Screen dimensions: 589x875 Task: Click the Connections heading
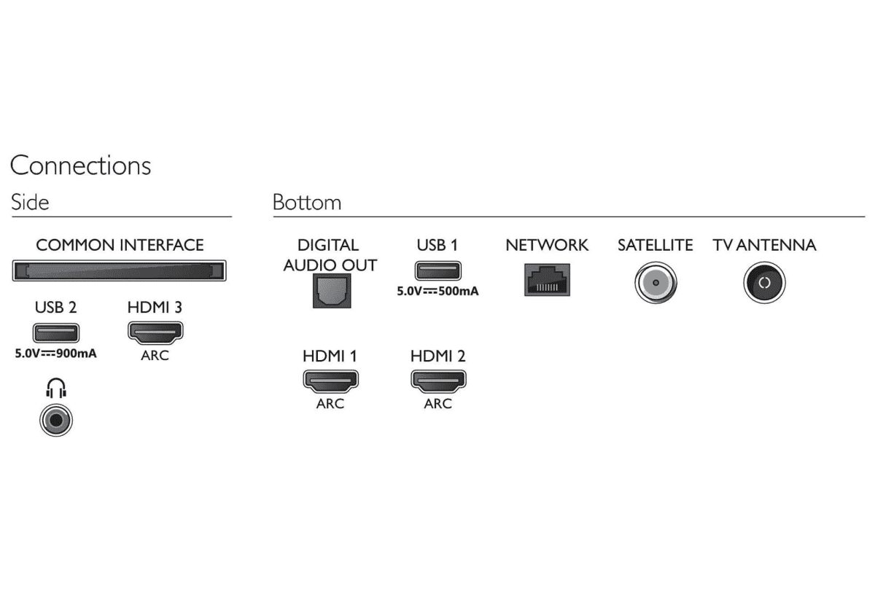(80, 165)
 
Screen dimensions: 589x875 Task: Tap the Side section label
(30, 202)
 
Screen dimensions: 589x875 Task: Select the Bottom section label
(306, 202)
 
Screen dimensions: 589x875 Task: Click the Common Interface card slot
(119, 271)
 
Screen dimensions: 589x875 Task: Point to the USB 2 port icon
(55, 333)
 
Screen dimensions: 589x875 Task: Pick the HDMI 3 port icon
(155, 332)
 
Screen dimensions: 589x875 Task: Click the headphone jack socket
(56, 421)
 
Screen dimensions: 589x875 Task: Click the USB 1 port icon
(437, 270)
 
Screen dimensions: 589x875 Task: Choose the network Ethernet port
(547, 280)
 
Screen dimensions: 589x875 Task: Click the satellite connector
(655, 283)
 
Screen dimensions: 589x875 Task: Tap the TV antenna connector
(764, 283)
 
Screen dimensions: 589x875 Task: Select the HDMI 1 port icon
(330, 381)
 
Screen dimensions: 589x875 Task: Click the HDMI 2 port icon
(438, 381)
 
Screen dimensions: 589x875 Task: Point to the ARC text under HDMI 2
(437, 403)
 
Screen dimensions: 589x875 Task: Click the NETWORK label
(547, 245)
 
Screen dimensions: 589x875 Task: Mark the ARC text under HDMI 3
(155, 356)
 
